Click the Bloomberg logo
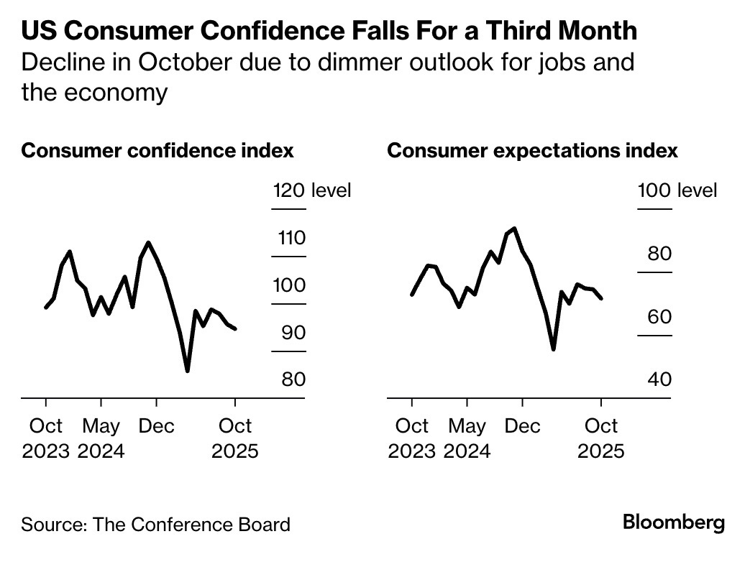click(x=674, y=522)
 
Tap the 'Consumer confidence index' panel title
click(x=157, y=151)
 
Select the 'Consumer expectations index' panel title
click(x=532, y=151)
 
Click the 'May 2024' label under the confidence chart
click(x=101, y=438)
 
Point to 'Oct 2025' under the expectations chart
click(x=601, y=438)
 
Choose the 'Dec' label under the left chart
click(x=156, y=426)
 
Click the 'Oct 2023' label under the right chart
click(x=412, y=438)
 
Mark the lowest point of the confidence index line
click(x=187, y=371)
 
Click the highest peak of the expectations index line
click(x=514, y=229)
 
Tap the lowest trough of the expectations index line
click(x=553, y=349)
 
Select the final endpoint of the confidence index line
click(x=235, y=329)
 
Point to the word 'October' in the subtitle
click(x=171, y=63)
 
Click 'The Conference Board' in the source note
click(x=192, y=524)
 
